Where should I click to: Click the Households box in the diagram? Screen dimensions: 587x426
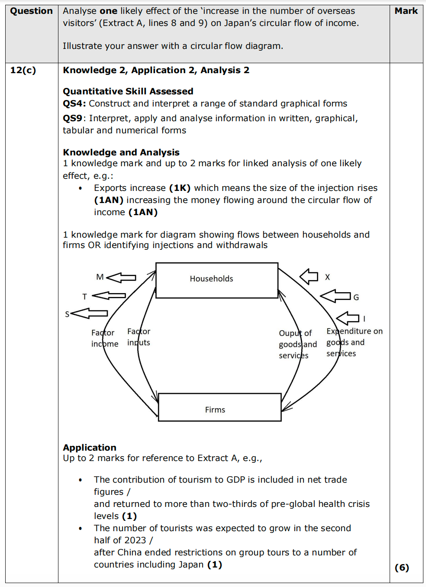216,280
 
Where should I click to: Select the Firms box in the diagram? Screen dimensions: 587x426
219,407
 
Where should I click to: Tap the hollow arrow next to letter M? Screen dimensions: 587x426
121,277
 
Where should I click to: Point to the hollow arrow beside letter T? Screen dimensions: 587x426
109,296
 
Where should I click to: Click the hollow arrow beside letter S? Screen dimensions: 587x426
89,313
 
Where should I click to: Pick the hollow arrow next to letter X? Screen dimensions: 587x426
309,276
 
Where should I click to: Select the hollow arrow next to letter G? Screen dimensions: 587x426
336,296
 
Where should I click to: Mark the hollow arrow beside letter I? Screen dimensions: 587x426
348,318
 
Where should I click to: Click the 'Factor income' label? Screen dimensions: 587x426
104,338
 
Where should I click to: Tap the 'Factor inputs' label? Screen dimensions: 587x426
139,337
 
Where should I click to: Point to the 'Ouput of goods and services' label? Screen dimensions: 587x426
297,344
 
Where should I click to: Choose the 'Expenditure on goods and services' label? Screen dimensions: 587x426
354,342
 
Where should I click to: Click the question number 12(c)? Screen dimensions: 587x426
23,70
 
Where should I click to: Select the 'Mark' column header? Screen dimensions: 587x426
406,11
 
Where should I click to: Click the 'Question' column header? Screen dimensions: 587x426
31,11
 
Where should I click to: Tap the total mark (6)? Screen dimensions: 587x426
402,568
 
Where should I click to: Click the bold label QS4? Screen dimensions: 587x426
74,103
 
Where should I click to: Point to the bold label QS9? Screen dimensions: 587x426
72,118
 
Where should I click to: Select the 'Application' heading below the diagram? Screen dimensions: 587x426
90,448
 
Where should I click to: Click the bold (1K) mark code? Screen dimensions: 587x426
180,188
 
